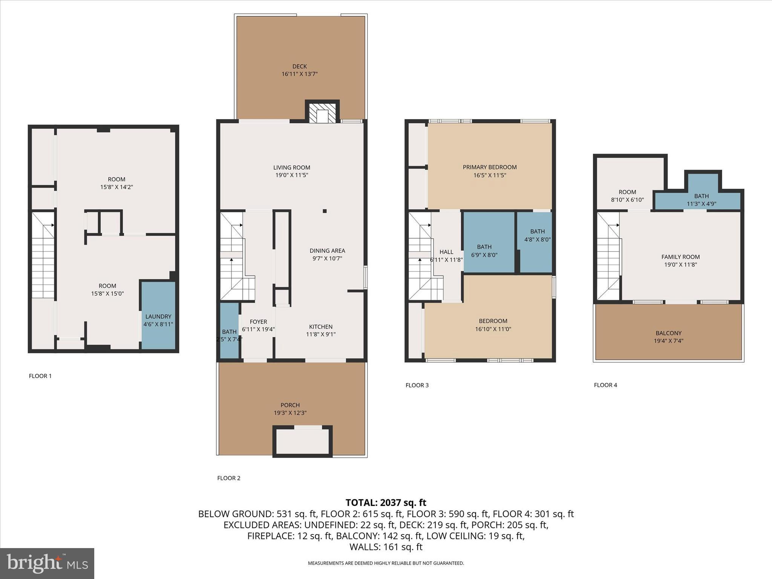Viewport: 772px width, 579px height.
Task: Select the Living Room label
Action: tap(292, 168)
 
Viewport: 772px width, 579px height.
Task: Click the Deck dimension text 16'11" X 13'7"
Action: tap(300, 74)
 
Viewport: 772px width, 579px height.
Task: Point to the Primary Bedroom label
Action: tap(490, 167)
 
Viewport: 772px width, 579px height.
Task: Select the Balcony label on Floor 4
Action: tap(668, 333)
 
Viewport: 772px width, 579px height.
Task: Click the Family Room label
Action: tap(680, 257)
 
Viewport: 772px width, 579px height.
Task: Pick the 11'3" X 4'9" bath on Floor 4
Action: tap(701, 200)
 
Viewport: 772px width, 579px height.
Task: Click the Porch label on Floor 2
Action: tap(290, 405)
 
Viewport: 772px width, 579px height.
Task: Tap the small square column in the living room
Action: tap(325, 211)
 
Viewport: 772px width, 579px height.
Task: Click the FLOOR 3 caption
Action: tap(417, 385)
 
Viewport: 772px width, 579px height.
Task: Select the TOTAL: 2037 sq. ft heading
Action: tap(386, 502)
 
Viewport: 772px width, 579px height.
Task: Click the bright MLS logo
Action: tap(47, 563)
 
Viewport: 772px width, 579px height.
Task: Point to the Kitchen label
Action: tap(321, 327)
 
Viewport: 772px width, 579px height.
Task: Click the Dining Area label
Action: tap(327, 251)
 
